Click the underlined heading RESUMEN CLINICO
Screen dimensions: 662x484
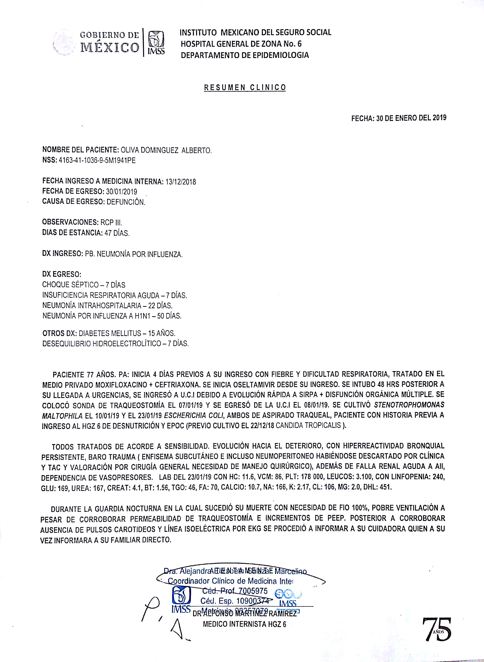click(x=245, y=88)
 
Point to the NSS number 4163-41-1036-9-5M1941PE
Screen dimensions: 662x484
click(x=97, y=160)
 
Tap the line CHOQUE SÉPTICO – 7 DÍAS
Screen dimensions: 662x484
click(x=84, y=285)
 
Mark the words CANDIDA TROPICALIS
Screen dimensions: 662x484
click(x=308, y=426)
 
